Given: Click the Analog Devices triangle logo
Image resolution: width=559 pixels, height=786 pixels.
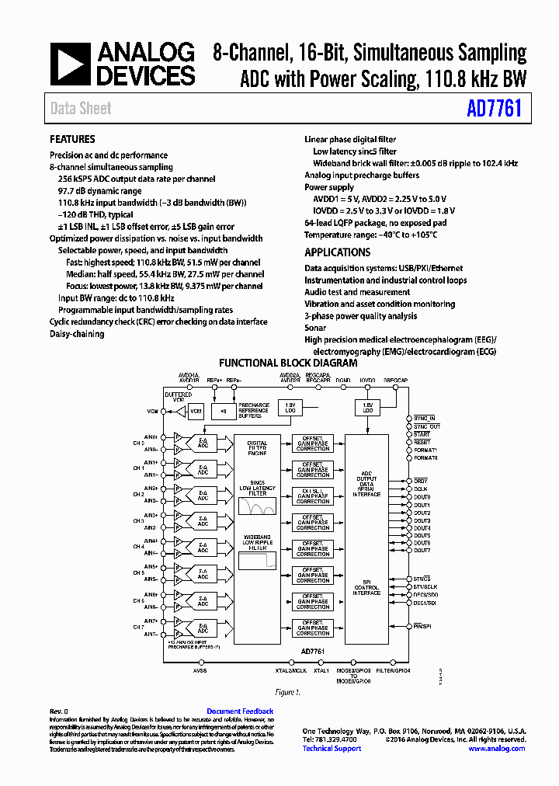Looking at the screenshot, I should [x=71, y=64].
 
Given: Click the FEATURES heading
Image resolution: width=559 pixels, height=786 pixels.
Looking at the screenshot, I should [x=72, y=140].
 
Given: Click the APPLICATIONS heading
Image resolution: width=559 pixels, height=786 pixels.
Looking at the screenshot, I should [x=337, y=252].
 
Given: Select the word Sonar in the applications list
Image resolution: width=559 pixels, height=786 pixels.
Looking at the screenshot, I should [x=315, y=328].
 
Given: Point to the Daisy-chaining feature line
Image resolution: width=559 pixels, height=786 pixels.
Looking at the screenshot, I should [x=76, y=334].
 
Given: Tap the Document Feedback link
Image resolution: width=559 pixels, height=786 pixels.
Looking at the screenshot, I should [x=240, y=711].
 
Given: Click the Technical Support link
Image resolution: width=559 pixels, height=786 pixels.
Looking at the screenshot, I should [x=332, y=749].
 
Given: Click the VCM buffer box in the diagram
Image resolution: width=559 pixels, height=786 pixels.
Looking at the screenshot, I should [x=196, y=411].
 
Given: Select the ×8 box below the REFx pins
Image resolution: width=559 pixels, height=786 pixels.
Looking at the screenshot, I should [x=224, y=411].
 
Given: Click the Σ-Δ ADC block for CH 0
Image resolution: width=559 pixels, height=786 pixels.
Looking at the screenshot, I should [x=203, y=443].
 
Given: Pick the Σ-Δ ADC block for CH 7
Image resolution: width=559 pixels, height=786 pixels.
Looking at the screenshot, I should [x=203, y=627].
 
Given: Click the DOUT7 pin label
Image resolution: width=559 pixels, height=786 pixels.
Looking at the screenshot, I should [x=422, y=551].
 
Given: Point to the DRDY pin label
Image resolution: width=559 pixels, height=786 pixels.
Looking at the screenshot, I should [x=421, y=481].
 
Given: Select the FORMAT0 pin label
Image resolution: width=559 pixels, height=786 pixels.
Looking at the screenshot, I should [x=425, y=458].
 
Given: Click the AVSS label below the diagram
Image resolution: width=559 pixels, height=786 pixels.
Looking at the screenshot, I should [x=200, y=670].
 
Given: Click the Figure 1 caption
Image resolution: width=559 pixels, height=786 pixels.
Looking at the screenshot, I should [x=287, y=692].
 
